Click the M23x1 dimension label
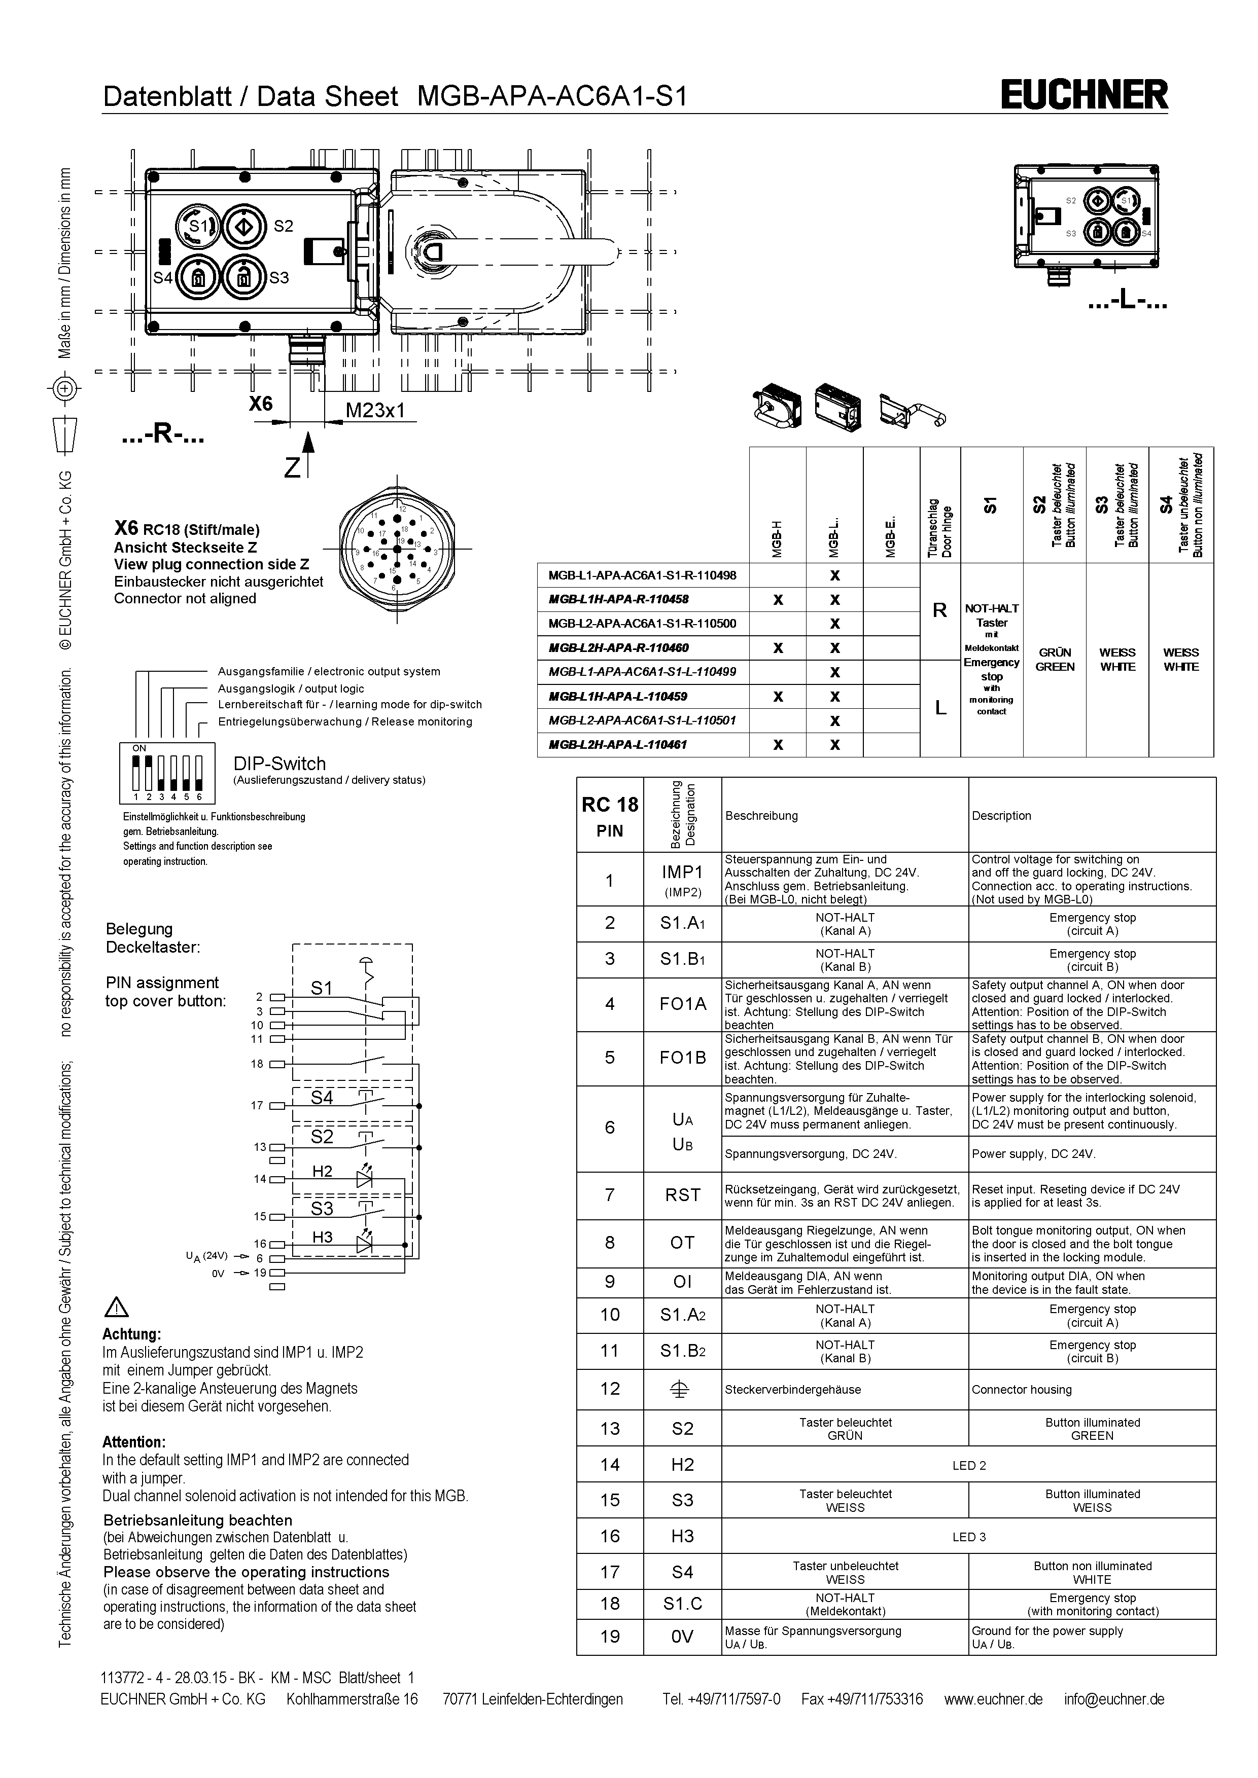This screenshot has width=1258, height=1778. [x=375, y=411]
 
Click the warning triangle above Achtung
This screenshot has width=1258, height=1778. [x=116, y=1307]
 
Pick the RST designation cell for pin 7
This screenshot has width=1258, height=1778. [x=682, y=1195]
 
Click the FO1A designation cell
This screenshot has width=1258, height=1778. [x=682, y=1004]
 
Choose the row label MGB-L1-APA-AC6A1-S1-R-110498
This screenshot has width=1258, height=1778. [x=642, y=575]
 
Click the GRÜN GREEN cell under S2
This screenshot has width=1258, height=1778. [x=1054, y=660]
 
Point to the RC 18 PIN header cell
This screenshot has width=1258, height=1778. [x=610, y=815]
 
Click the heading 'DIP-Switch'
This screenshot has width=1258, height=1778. [x=279, y=764]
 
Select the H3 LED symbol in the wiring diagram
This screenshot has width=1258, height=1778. [x=364, y=1245]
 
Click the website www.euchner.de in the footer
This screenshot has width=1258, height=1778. [x=993, y=1699]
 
